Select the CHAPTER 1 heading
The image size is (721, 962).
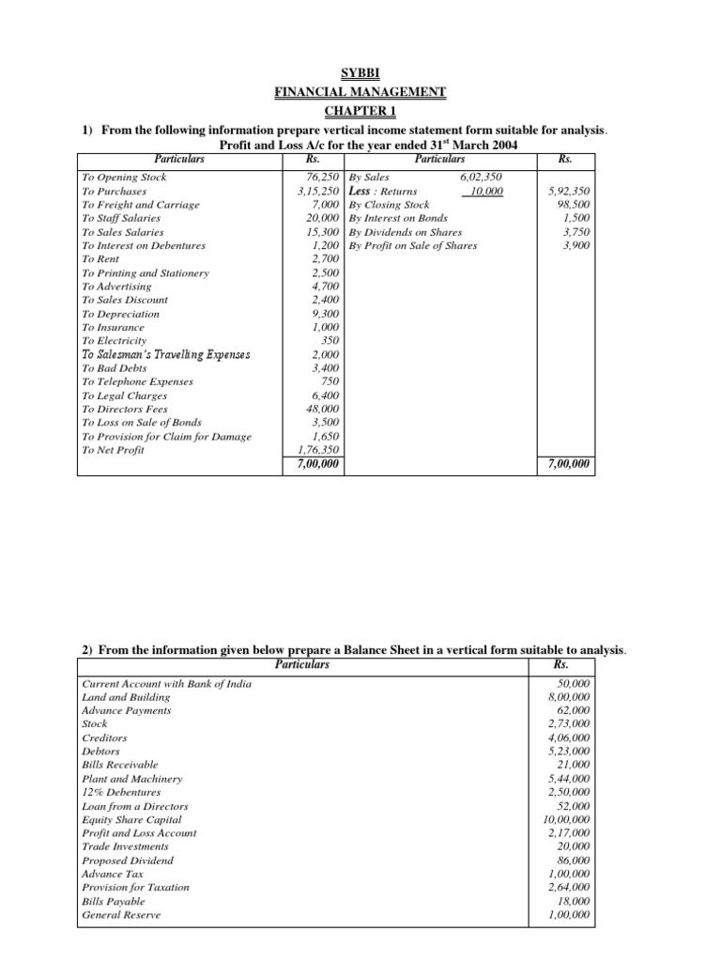click(360, 111)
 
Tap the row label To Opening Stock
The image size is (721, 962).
click(123, 177)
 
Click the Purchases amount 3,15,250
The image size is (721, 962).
click(312, 191)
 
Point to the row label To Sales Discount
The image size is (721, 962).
click(125, 300)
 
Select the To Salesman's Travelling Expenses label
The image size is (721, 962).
click(166, 355)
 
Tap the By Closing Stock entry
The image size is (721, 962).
click(389, 204)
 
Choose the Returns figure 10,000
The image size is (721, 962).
click(486, 191)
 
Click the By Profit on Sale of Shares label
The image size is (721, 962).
click(412, 245)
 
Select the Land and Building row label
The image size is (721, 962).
click(127, 697)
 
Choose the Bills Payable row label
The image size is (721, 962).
click(114, 901)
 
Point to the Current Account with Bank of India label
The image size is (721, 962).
click(167, 683)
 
